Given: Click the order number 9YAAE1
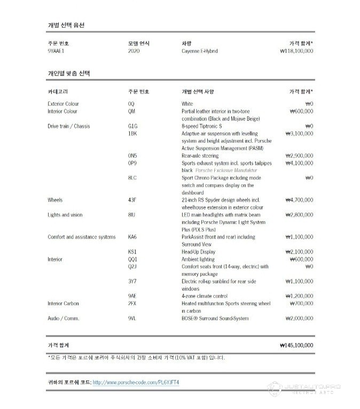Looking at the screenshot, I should pyautogui.click(x=56, y=51).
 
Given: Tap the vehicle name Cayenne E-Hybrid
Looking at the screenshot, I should pyautogui.click(x=199, y=51).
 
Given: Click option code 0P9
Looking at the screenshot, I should pyautogui.click(x=132, y=163).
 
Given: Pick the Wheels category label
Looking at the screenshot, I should pyautogui.click(x=55, y=200).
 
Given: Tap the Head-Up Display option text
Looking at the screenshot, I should pyautogui.click(x=198, y=252).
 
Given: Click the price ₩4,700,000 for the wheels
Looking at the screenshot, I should pyautogui.click(x=299, y=200).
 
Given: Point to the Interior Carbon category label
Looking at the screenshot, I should pyautogui.click(x=63, y=303).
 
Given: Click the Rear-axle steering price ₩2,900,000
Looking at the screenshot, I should pyautogui.click(x=299, y=156).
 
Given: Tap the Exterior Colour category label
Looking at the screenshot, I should pyautogui.click(x=63, y=104).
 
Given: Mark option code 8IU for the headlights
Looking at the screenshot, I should pyautogui.click(x=131, y=214).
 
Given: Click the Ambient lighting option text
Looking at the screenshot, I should pyautogui.click(x=198, y=259).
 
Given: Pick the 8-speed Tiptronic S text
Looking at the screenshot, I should pyautogui.click(x=201, y=126).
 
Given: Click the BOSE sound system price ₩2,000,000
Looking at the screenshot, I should pyautogui.click(x=299, y=318).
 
